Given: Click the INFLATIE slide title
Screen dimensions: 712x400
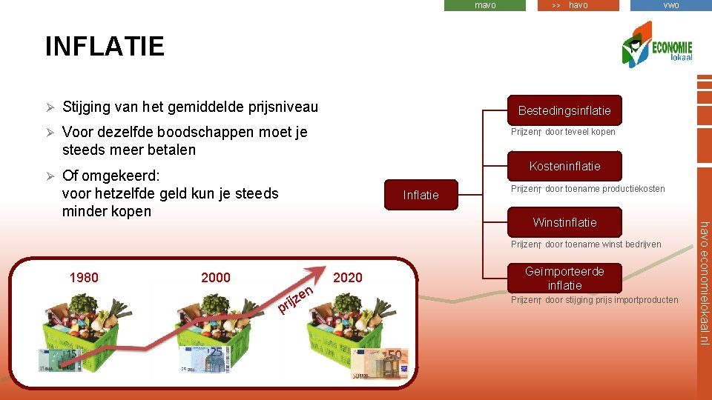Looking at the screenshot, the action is click(105, 47).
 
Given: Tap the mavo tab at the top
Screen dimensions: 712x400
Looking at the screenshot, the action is click(484, 5).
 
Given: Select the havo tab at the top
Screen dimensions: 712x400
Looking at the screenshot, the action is click(578, 5).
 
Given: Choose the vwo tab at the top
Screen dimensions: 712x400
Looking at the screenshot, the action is click(670, 5).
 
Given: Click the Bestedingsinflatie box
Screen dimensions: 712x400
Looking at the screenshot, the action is click(564, 110).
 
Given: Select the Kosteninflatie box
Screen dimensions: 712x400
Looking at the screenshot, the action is click(564, 166).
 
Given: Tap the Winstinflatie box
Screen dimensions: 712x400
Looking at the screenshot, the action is click(564, 222).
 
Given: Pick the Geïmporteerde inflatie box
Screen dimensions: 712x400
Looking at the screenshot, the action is click(564, 278).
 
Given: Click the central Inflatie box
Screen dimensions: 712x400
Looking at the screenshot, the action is click(421, 195).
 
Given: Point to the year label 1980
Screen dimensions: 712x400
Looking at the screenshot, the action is click(84, 278).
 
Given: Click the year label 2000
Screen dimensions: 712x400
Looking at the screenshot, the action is click(216, 278).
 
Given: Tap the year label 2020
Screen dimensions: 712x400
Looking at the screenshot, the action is click(348, 278).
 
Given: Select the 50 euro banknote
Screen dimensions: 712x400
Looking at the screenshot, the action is click(379, 364).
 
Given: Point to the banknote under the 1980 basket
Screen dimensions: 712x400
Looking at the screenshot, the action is click(60, 359).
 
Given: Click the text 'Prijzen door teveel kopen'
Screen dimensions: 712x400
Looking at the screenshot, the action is click(563, 132).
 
